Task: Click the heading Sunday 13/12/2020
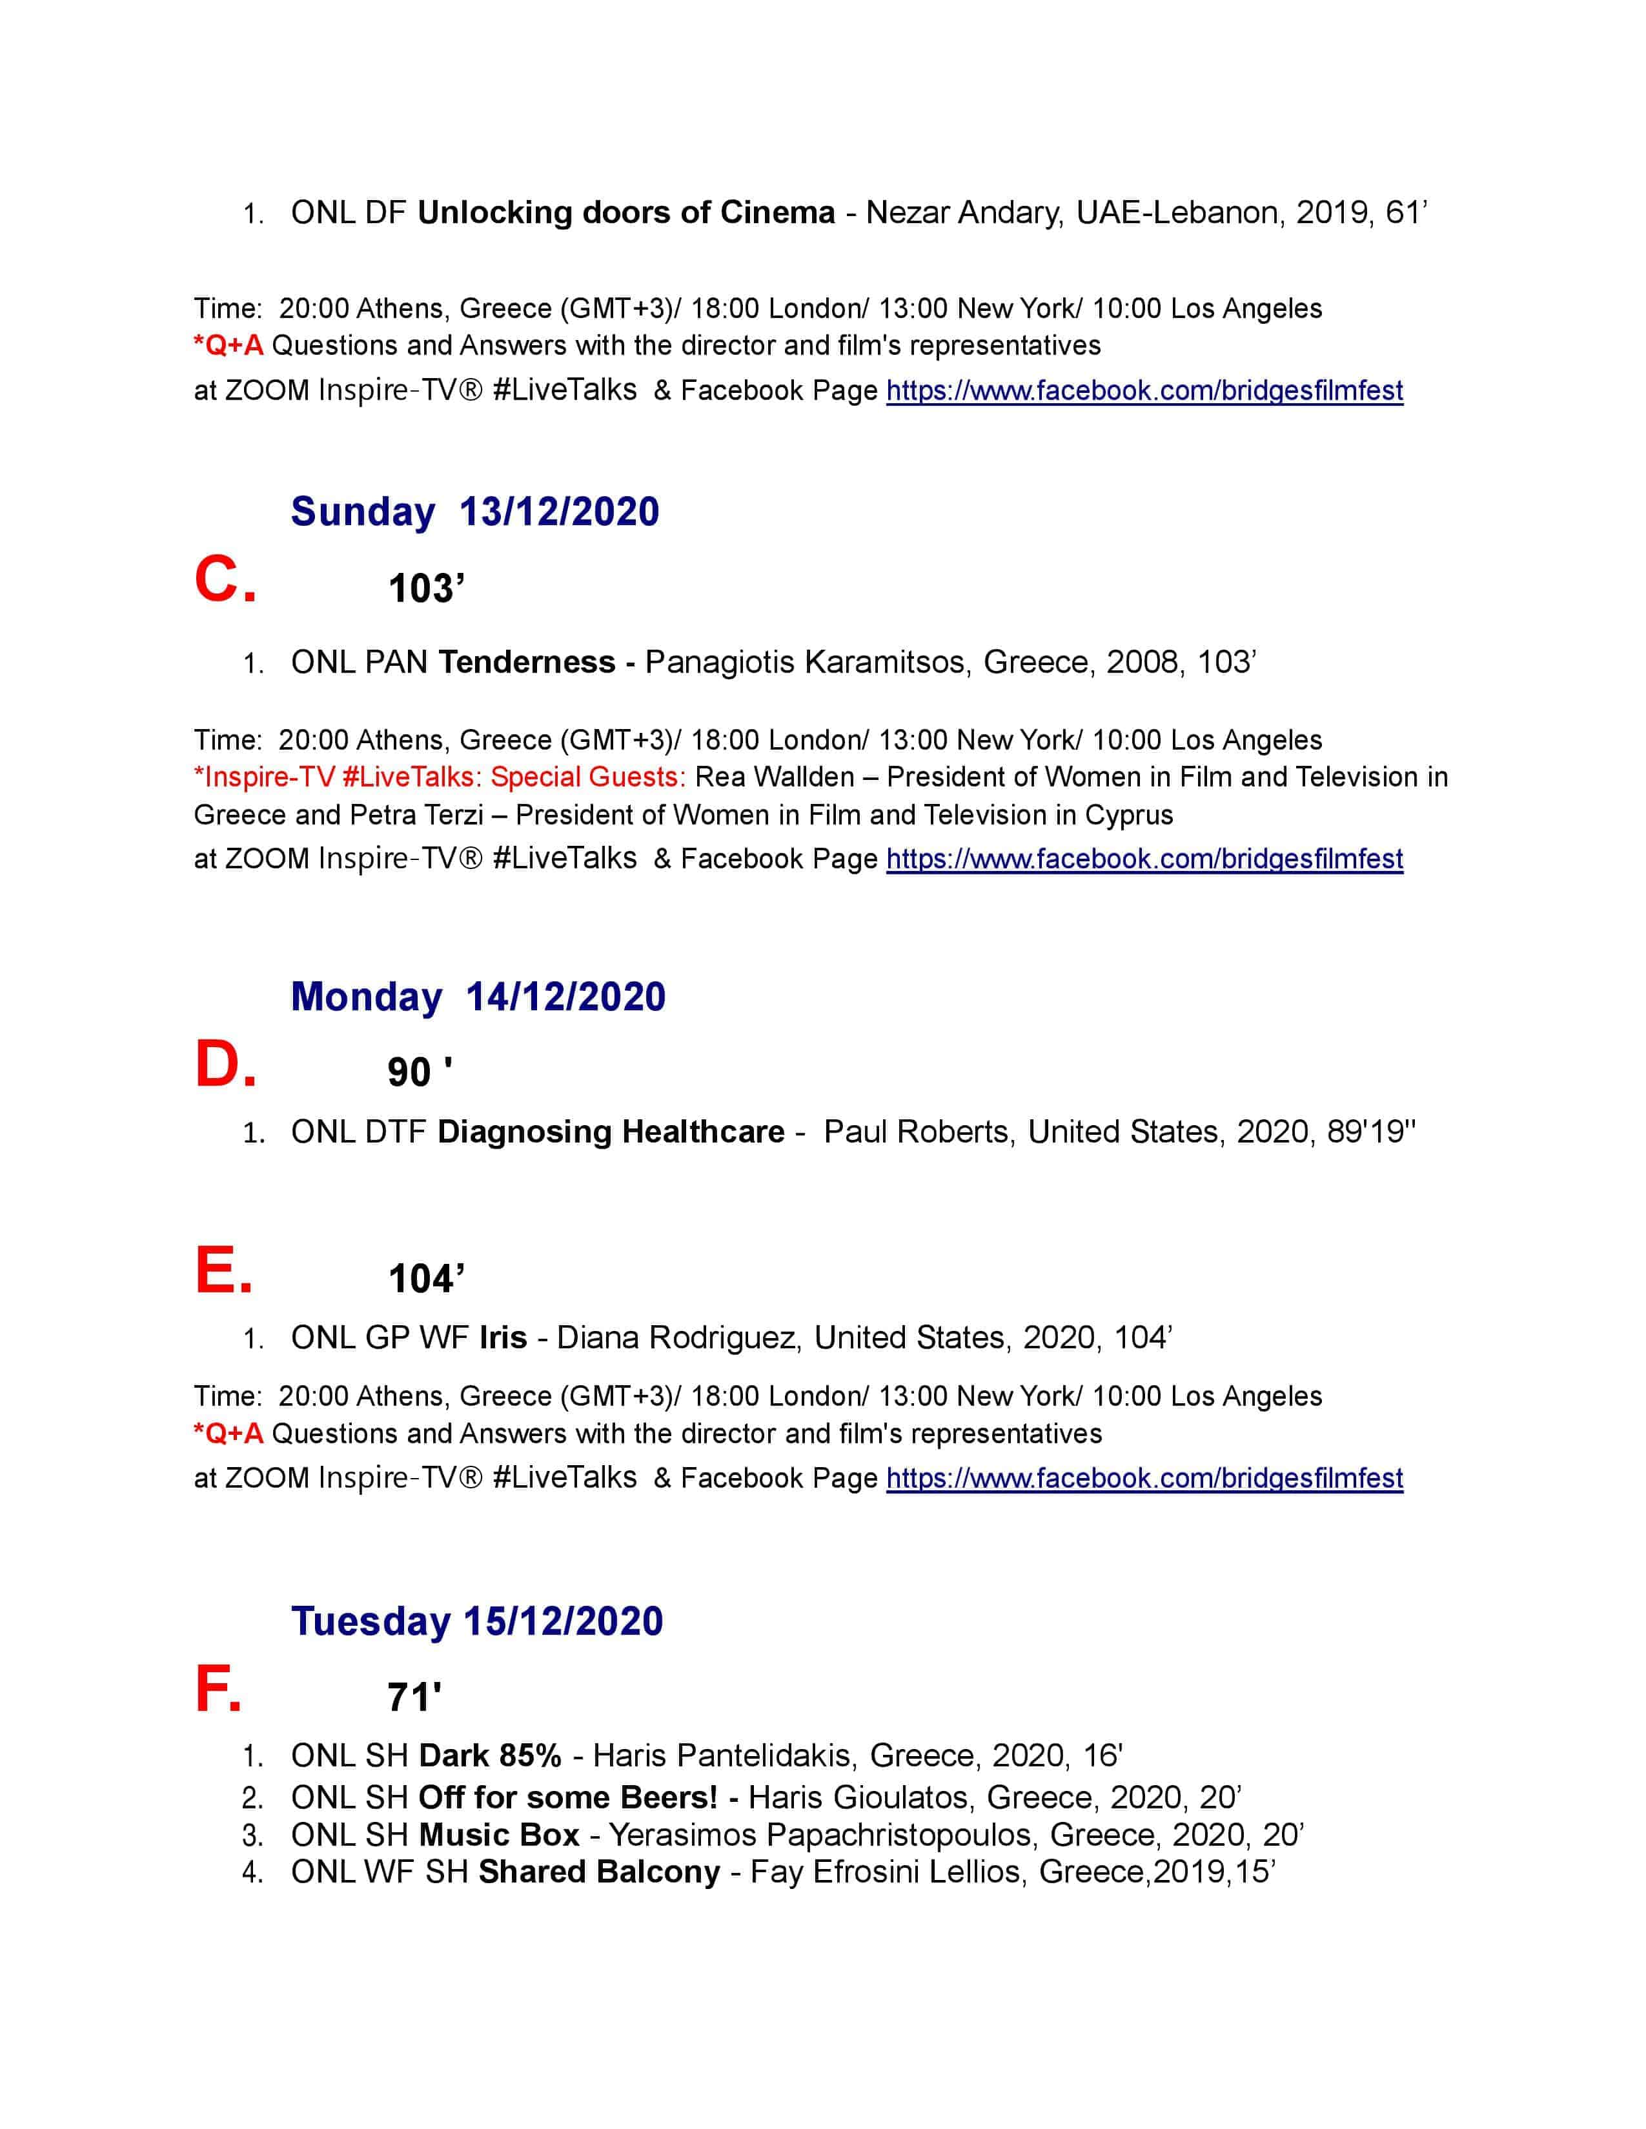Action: (475, 512)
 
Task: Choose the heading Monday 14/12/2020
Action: (478, 996)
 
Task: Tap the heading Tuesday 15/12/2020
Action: (477, 1621)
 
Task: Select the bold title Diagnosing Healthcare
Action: (611, 1132)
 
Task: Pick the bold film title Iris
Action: (503, 1337)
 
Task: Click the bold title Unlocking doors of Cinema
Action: (626, 212)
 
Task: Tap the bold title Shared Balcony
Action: (599, 1872)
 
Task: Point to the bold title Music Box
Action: (498, 1835)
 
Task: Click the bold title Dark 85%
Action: (489, 1755)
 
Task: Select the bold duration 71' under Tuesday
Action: (414, 1698)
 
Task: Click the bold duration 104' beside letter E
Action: (426, 1279)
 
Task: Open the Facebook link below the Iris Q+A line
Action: (1144, 1478)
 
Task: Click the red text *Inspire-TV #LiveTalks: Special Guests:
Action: (440, 777)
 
